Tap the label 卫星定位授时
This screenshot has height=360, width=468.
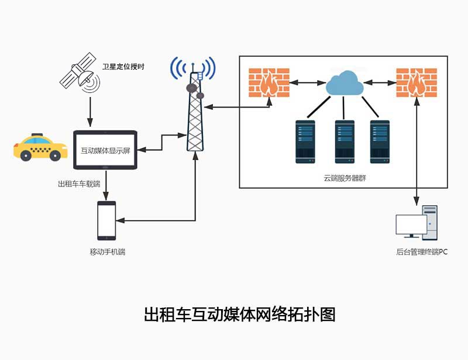123,67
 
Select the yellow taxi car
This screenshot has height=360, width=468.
40,147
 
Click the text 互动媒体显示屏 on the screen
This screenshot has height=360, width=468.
105,151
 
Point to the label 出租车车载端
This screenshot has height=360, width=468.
79,185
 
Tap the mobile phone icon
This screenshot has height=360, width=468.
106,220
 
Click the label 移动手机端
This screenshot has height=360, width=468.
107,252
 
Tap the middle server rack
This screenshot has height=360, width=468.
345,141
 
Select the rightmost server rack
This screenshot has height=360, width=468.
380,141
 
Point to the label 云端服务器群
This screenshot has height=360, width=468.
345,178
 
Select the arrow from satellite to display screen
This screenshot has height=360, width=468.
90,112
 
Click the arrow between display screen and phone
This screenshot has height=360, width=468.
106,185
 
